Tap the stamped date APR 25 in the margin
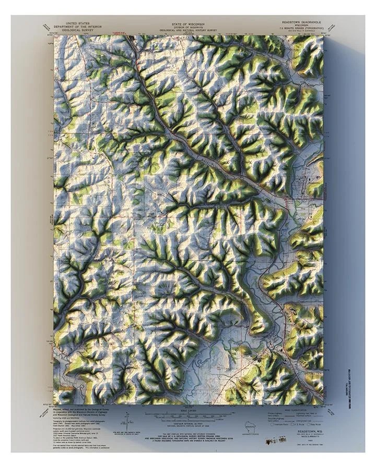pos(271,442)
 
